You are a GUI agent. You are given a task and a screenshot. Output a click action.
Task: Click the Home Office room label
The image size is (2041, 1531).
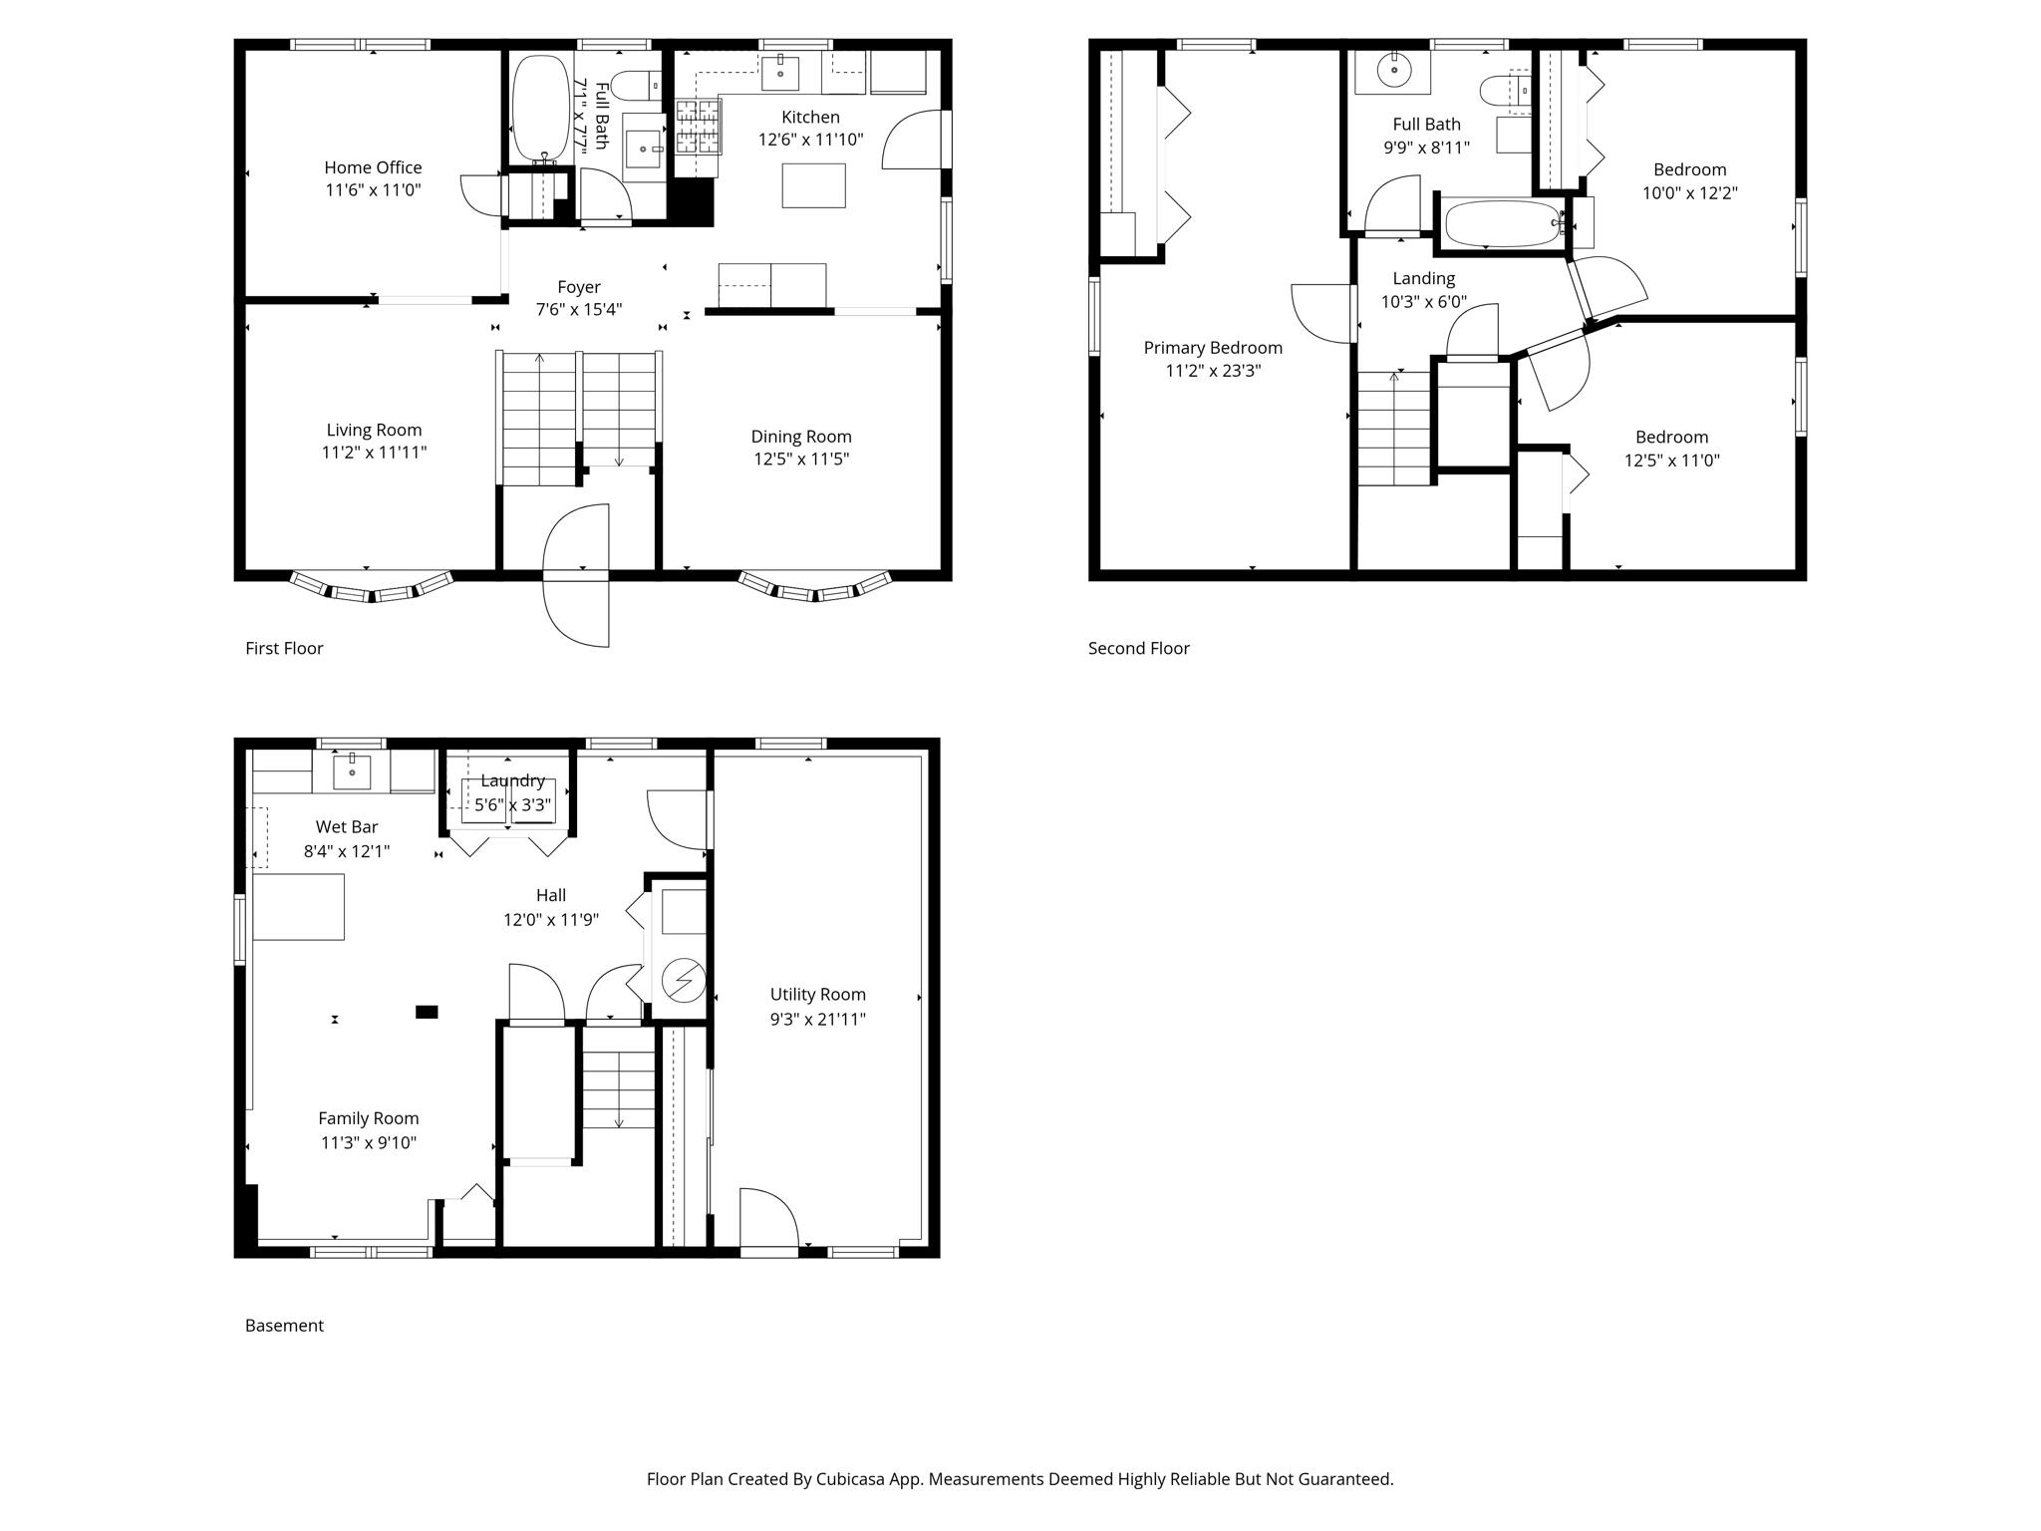pyautogui.click(x=373, y=167)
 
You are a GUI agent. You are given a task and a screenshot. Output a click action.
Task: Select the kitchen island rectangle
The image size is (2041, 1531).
pyautogui.click(x=813, y=185)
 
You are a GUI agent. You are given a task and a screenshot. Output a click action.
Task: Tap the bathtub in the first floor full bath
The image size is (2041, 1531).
pyautogui.click(x=539, y=108)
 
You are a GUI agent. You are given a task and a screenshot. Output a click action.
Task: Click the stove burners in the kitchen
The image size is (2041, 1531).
pyautogui.click(x=698, y=127)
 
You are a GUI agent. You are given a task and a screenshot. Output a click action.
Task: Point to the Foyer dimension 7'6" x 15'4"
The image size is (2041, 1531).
pyautogui.click(x=578, y=310)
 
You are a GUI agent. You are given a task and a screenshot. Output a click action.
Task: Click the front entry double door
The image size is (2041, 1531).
pyautogui.click(x=577, y=575)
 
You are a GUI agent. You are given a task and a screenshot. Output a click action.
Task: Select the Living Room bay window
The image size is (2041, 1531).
pyautogui.click(x=372, y=587)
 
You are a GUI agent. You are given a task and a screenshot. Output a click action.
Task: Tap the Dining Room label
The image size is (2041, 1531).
pyautogui.click(x=800, y=437)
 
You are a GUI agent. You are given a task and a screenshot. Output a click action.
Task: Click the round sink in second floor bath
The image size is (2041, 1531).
pyautogui.click(x=1393, y=71)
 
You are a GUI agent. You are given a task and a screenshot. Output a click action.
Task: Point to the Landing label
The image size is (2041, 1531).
pyautogui.click(x=1423, y=279)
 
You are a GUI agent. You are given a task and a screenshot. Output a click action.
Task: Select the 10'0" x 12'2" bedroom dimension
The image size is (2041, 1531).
pyautogui.click(x=1689, y=193)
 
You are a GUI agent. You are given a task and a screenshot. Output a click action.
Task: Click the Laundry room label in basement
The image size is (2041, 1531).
pyautogui.click(x=512, y=780)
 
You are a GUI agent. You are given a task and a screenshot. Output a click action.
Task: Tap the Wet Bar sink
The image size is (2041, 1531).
pyautogui.click(x=352, y=771)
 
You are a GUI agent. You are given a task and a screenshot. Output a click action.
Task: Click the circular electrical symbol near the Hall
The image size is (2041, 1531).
pyautogui.click(x=685, y=981)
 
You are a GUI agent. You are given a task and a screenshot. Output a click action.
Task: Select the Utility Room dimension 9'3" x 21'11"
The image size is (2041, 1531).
pyautogui.click(x=817, y=1019)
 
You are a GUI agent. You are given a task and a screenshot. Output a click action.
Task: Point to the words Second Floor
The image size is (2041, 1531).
pyautogui.click(x=1138, y=649)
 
